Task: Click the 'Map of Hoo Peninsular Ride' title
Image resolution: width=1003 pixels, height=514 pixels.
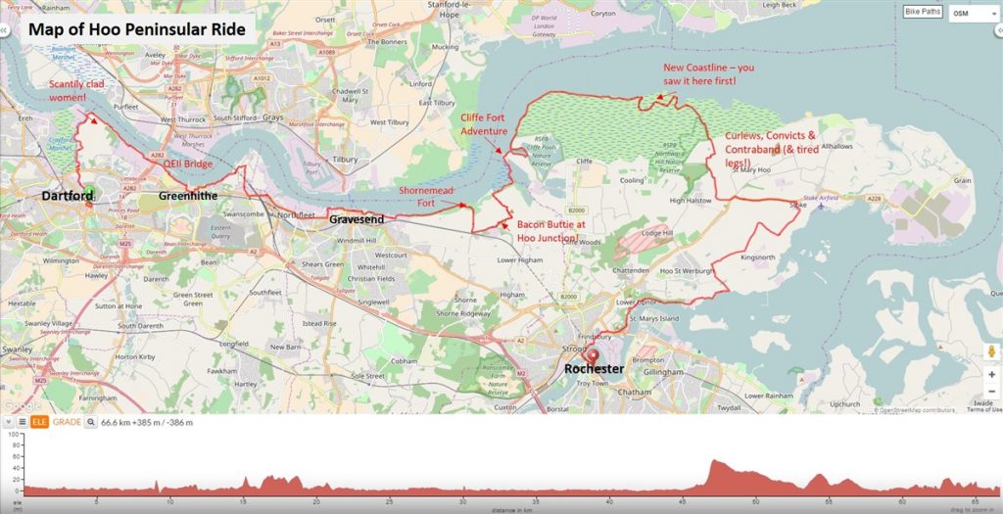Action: pyautogui.click(x=137, y=29)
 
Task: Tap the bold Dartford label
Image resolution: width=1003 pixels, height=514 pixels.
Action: pyautogui.click(x=68, y=197)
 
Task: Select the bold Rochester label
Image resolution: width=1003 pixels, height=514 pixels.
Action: pyautogui.click(x=594, y=369)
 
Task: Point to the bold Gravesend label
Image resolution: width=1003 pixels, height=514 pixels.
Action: pyautogui.click(x=357, y=220)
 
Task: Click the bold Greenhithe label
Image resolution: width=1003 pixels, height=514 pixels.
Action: pyautogui.click(x=190, y=197)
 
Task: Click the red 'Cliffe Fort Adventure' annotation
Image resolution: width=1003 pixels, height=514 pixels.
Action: pyautogui.click(x=484, y=124)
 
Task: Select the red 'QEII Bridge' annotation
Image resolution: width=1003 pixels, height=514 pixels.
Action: pyautogui.click(x=188, y=164)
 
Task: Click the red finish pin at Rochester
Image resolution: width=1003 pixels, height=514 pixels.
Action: pyautogui.click(x=592, y=356)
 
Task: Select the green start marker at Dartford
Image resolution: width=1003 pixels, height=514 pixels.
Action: pyautogui.click(x=90, y=192)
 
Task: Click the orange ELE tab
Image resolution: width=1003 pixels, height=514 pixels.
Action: pyautogui.click(x=39, y=422)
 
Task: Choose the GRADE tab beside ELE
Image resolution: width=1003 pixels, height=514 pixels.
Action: pyautogui.click(x=67, y=422)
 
